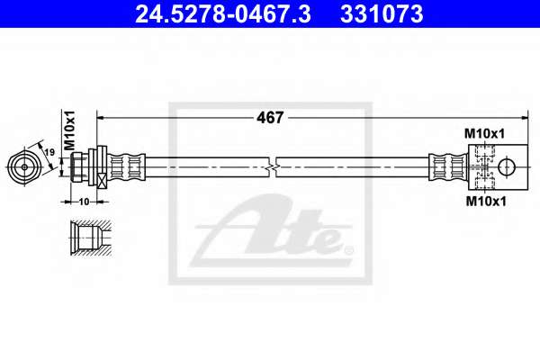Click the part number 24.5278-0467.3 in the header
[x=223, y=14]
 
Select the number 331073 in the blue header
[x=382, y=14]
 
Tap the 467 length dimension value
[x=270, y=118]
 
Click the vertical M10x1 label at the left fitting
[x=70, y=130]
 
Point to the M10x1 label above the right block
[x=484, y=134]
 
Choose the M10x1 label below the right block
[x=486, y=202]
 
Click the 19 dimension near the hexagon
[x=49, y=152]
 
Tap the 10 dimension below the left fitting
[x=84, y=202]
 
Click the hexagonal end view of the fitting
[x=24, y=167]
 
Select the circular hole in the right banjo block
[x=507, y=167]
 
